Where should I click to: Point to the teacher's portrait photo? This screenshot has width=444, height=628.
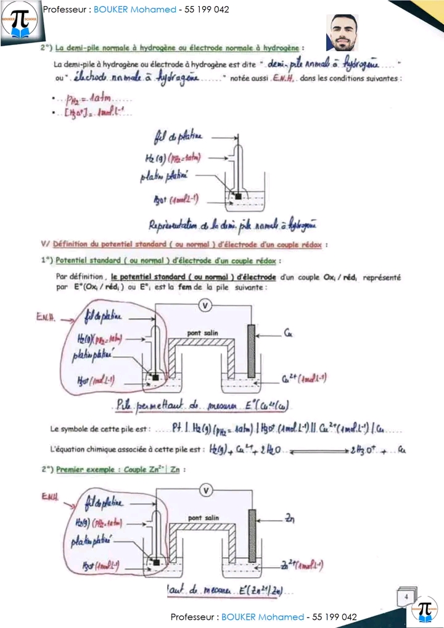click(x=342, y=33)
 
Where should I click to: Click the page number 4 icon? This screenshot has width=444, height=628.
click(x=406, y=597)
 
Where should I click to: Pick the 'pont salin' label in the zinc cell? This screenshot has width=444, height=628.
click(x=203, y=518)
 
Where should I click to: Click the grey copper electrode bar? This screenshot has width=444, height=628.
click(x=250, y=350)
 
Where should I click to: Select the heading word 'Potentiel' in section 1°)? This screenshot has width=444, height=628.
click(x=73, y=260)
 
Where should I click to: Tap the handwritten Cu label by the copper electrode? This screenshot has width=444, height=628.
click(x=288, y=335)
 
